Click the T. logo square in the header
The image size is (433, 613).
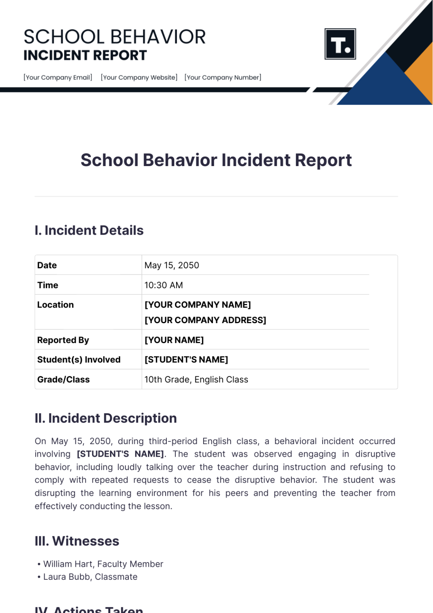(x=340, y=44)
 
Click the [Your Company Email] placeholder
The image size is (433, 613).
(x=58, y=77)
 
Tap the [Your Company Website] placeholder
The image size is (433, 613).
(x=139, y=77)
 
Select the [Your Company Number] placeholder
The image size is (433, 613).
(x=223, y=77)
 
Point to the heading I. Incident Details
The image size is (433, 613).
(x=89, y=230)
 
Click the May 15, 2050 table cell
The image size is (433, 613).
(x=172, y=265)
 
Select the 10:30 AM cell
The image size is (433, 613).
(x=163, y=285)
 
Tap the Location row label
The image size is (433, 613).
(x=56, y=305)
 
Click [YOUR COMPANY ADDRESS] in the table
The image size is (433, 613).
(x=205, y=320)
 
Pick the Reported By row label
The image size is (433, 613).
(x=63, y=340)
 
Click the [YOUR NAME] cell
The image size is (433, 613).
(x=174, y=340)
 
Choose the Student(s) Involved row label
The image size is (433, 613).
(x=79, y=360)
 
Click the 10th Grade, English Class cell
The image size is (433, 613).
(x=196, y=379)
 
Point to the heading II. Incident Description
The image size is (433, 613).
(x=106, y=418)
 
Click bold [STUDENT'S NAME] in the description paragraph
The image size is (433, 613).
(x=120, y=454)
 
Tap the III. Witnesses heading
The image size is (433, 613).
(x=77, y=541)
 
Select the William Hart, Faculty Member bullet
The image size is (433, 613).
(x=103, y=564)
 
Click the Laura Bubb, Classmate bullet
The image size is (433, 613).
(x=90, y=577)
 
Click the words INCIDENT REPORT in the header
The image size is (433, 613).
(x=85, y=56)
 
